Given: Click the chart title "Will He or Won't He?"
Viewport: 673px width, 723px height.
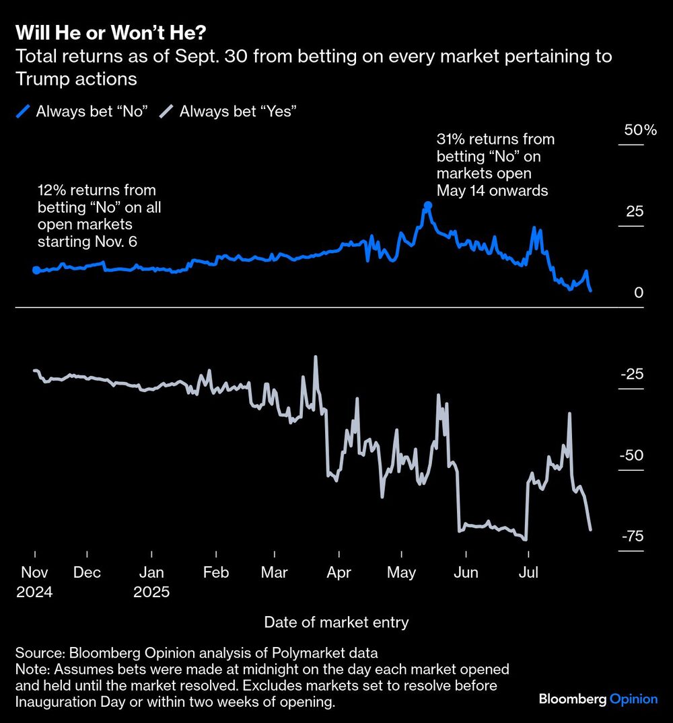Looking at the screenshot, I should pos(110,32).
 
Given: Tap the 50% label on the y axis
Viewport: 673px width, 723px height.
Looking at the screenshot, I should pos(640,130).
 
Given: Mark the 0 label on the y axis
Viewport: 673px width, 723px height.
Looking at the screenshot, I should pos(639,293).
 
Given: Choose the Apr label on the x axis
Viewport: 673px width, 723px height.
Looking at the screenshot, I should pos(339,572).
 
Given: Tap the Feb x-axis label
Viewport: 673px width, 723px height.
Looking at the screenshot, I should pos(215,572).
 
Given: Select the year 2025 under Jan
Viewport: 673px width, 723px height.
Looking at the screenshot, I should pos(151,593).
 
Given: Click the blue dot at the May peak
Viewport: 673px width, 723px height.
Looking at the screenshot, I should pos(427,206).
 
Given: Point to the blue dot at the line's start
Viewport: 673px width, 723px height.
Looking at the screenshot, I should pos(36,270).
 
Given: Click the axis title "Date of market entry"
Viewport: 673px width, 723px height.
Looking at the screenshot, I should pos(336,622).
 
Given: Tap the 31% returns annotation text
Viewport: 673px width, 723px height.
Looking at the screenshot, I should pos(495,165).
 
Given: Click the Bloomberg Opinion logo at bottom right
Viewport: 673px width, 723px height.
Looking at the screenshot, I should pos(598,699).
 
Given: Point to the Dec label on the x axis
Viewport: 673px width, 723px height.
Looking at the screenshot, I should pos(87,572).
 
